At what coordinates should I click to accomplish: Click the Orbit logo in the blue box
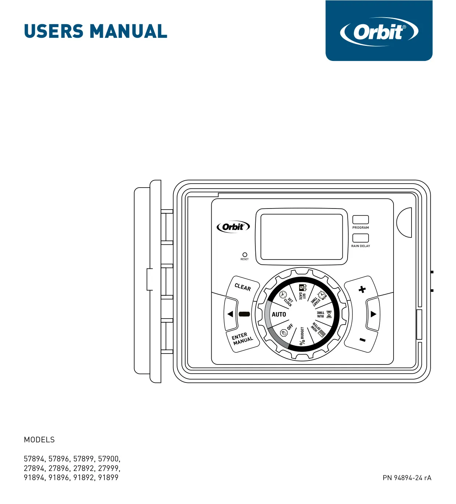379,32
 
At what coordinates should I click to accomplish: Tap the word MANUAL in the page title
129,32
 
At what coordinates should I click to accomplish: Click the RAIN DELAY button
360,238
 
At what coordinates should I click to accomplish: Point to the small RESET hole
244,254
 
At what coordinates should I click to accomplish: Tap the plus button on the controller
362,289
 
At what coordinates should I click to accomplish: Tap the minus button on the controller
362,340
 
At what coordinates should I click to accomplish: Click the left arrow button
231,314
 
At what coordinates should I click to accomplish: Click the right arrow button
373,314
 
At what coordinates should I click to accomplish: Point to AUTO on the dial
279,314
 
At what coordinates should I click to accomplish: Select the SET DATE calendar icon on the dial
302,287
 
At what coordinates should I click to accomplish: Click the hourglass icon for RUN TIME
329,314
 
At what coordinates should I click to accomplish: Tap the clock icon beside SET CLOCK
283,294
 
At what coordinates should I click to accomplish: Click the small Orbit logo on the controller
233,227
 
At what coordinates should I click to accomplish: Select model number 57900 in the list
109,459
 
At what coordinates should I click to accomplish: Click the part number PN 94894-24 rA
407,478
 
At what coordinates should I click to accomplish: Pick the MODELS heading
39,440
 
